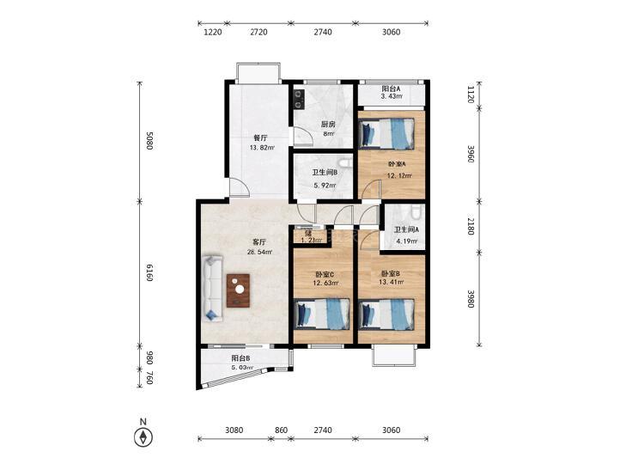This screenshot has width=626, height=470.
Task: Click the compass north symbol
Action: click(x=143, y=436)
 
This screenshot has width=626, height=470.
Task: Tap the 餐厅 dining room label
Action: click(x=261, y=138)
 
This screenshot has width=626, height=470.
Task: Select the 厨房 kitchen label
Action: click(x=328, y=125)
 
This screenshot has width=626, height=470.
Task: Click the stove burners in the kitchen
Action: click(x=298, y=100)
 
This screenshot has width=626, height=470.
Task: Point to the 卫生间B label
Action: click(x=325, y=173)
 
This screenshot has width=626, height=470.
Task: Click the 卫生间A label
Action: click(x=406, y=229)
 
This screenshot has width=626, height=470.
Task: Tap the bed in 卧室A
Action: click(x=387, y=134)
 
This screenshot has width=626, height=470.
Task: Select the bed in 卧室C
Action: click(x=322, y=314)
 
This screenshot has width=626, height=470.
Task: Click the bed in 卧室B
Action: click(x=387, y=314)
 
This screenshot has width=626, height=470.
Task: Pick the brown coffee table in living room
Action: click(x=239, y=290)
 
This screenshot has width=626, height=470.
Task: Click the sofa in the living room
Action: click(x=212, y=288)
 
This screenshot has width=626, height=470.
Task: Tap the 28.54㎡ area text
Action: click(x=260, y=252)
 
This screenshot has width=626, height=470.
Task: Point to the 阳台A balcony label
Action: click(x=391, y=89)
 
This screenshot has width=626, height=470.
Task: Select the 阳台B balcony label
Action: click(x=240, y=357)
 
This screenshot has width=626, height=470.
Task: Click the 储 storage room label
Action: click(x=307, y=233)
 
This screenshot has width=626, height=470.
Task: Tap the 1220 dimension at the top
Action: click(x=212, y=32)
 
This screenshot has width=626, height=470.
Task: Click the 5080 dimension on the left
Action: click(x=149, y=141)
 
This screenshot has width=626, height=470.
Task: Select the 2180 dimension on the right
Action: click(x=471, y=227)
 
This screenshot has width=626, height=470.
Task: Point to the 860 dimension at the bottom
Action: click(x=281, y=430)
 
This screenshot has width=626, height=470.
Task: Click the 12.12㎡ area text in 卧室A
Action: click(x=399, y=175)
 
